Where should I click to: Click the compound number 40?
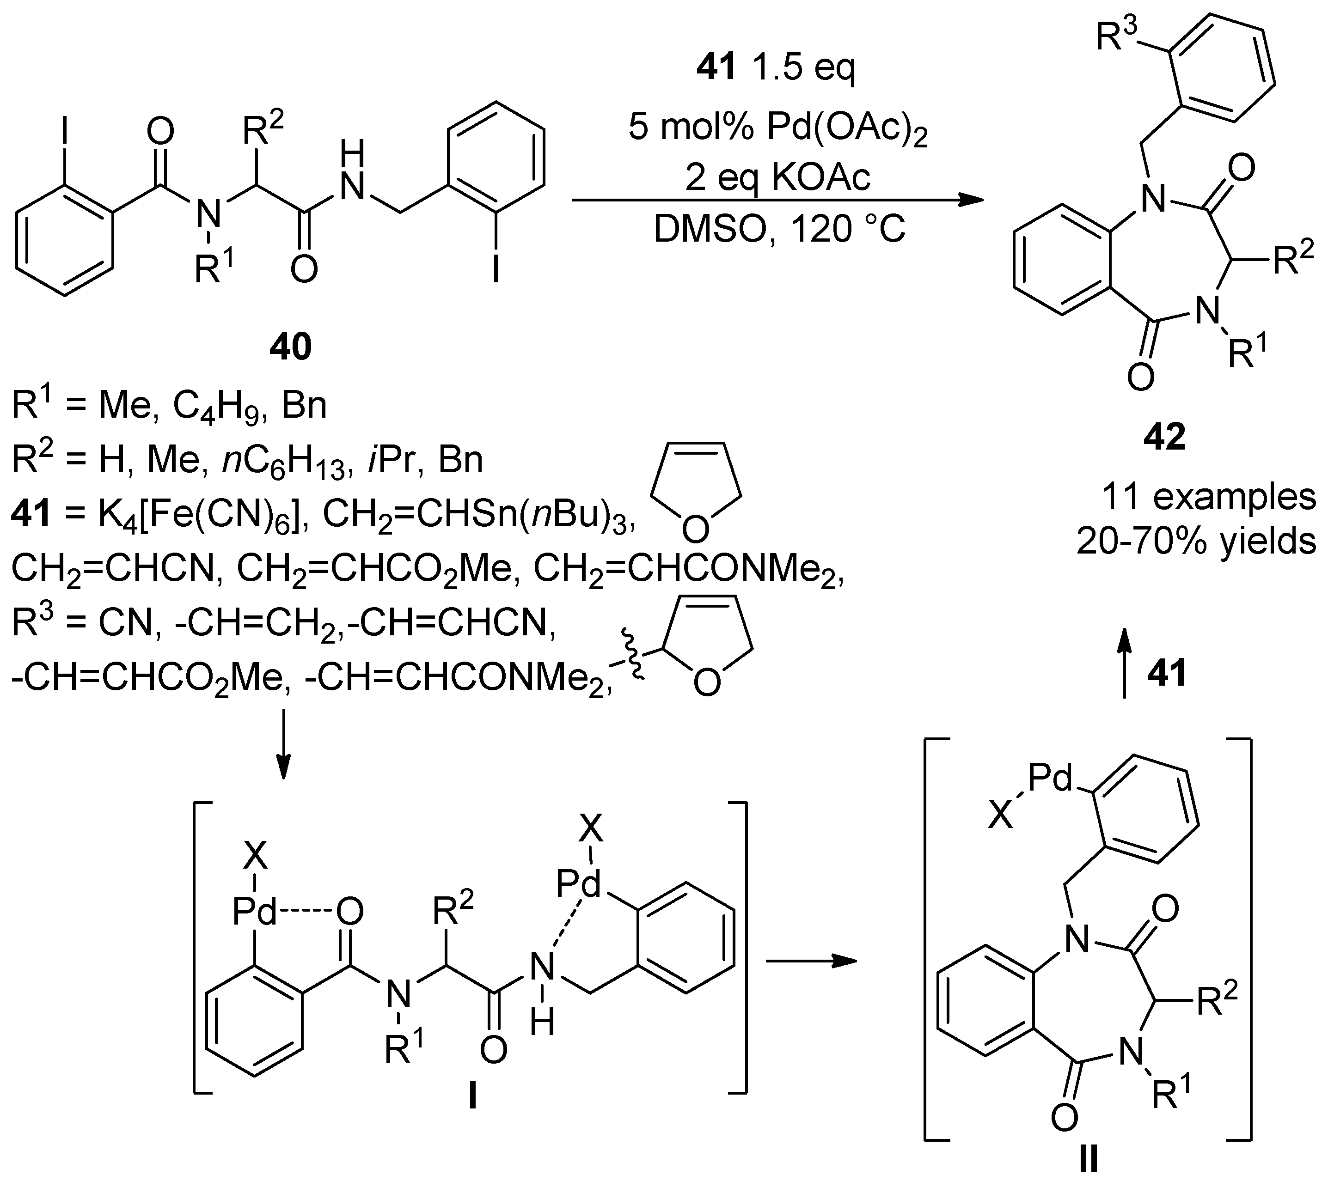click(x=290, y=347)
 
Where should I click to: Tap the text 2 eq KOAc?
click(x=777, y=177)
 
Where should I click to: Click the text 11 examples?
click(x=1208, y=497)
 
